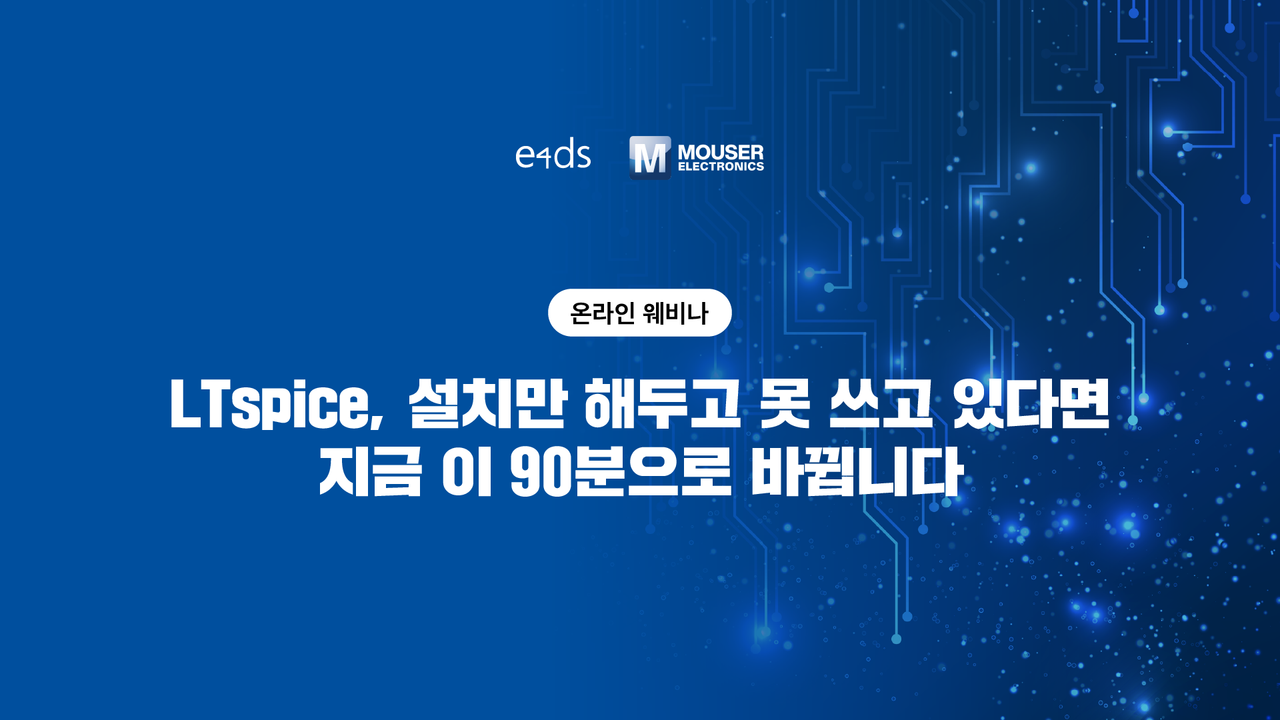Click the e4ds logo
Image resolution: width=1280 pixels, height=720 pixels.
click(x=553, y=155)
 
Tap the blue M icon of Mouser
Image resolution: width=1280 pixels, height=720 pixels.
click(x=650, y=157)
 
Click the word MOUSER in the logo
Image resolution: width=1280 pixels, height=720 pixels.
click(x=721, y=152)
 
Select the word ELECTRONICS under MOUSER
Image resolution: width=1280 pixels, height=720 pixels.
click(x=721, y=167)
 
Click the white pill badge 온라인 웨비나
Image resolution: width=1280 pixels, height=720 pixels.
click(x=640, y=313)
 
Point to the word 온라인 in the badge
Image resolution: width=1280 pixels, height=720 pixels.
click(x=603, y=313)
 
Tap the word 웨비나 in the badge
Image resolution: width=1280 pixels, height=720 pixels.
click(x=676, y=313)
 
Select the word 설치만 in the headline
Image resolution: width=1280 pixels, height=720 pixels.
click(x=487, y=403)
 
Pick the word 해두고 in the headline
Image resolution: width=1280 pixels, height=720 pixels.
click(x=662, y=403)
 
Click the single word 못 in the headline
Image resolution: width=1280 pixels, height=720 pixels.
click(x=785, y=403)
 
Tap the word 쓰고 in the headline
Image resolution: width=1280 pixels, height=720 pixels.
click(x=880, y=403)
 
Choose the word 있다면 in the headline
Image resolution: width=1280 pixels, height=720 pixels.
click(x=1031, y=403)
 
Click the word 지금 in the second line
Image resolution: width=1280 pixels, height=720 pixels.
click(x=371, y=471)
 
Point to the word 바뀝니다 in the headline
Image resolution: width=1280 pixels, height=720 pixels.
click(x=857, y=471)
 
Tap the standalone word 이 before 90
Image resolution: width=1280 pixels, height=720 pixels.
click(x=467, y=471)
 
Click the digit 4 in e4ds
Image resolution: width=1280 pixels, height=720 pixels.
click(x=545, y=158)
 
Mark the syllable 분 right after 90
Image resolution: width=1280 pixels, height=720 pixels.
click(x=598, y=471)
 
